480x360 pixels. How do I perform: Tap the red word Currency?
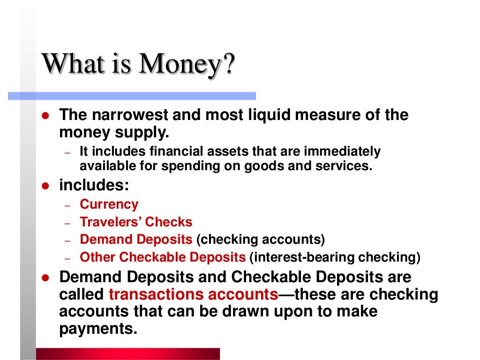point(109,204)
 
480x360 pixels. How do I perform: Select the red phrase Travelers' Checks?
point(136,222)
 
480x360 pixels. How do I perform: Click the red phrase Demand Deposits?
point(136,240)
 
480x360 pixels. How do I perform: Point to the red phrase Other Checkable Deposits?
point(163,257)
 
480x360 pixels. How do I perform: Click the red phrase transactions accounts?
point(193,295)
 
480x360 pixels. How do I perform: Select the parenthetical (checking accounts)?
point(261,240)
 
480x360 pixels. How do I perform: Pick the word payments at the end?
point(98,329)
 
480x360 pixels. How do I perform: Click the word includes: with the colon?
point(94,185)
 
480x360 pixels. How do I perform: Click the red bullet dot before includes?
point(46,186)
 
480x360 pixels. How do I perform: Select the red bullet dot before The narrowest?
point(46,116)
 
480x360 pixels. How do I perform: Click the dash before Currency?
point(67,206)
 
